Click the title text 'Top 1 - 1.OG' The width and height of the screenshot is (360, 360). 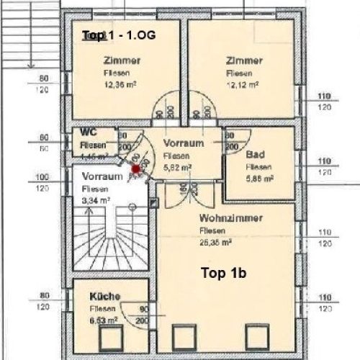coord(118,35)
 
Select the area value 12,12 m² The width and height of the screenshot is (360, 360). coord(243,84)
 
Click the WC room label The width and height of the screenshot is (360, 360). coord(89,133)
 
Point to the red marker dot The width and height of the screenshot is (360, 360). coord(135,169)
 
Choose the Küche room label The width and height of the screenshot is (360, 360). coord(105,296)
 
